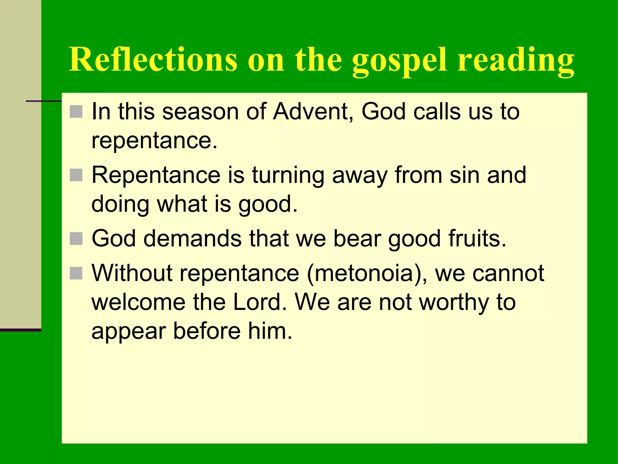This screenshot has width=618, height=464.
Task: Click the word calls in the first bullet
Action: pyautogui.click(x=437, y=112)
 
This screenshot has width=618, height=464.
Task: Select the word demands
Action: pyautogui.click(x=193, y=239)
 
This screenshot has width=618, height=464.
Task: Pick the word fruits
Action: pyautogui.click(x=477, y=239)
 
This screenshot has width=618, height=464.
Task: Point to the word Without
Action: pyautogui.click(x=132, y=273)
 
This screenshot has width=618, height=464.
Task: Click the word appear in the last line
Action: pyautogui.click(x=128, y=332)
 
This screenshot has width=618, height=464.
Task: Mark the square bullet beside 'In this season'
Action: pyautogui.click(x=76, y=111)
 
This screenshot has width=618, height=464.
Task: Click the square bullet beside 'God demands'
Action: pyautogui.click(x=76, y=239)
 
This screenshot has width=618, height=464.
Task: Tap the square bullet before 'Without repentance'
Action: pyautogui.click(x=76, y=273)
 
